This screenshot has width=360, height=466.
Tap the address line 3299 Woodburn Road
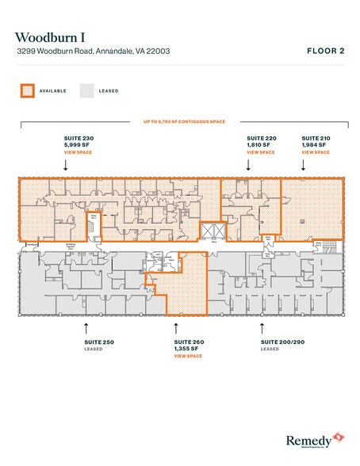click(92, 52)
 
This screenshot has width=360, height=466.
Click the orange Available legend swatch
click(27, 90)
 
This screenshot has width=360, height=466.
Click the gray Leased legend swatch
click(86, 90)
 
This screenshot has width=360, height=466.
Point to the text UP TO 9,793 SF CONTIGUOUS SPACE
click(180, 121)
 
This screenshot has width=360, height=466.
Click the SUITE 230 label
click(78, 138)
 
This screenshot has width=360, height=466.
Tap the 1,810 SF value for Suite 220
click(259, 145)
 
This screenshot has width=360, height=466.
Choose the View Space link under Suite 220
click(261, 152)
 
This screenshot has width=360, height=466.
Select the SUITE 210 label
click(316, 138)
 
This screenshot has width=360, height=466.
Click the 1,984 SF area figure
click(314, 145)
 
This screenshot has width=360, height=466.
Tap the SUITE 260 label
click(188, 342)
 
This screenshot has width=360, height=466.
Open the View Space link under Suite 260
click(188, 356)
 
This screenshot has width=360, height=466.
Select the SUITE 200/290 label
click(281, 342)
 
